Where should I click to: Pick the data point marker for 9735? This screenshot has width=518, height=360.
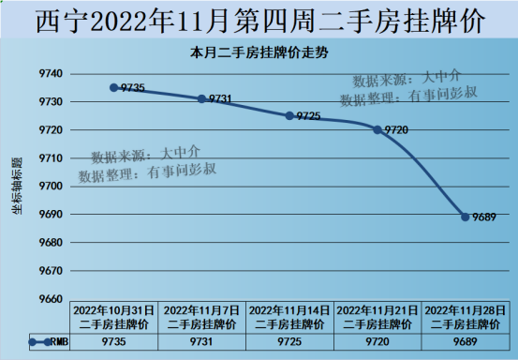(x=113, y=87)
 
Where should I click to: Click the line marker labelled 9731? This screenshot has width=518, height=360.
(x=201, y=98)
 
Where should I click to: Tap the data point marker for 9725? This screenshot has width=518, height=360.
(x=289, y=115)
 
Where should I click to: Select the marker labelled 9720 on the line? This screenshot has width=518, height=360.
(x=377, y=129)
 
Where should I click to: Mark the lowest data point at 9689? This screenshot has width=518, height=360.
(x=466, y=217)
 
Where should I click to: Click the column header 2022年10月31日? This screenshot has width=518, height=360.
(x=113, y=316)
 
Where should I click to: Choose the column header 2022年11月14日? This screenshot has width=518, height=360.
(x=289, y=316)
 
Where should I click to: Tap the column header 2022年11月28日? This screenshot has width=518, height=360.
(x=466, y=316)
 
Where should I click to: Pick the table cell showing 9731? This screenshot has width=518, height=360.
(x=201, y=342)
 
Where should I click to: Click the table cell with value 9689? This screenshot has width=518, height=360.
(x=466, y=342)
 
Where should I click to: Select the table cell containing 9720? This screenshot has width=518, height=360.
(x=377, y=342)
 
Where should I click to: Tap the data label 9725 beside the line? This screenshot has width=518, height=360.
(x=308, y=116)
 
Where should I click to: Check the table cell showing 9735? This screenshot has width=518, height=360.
(x=113, y=342)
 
